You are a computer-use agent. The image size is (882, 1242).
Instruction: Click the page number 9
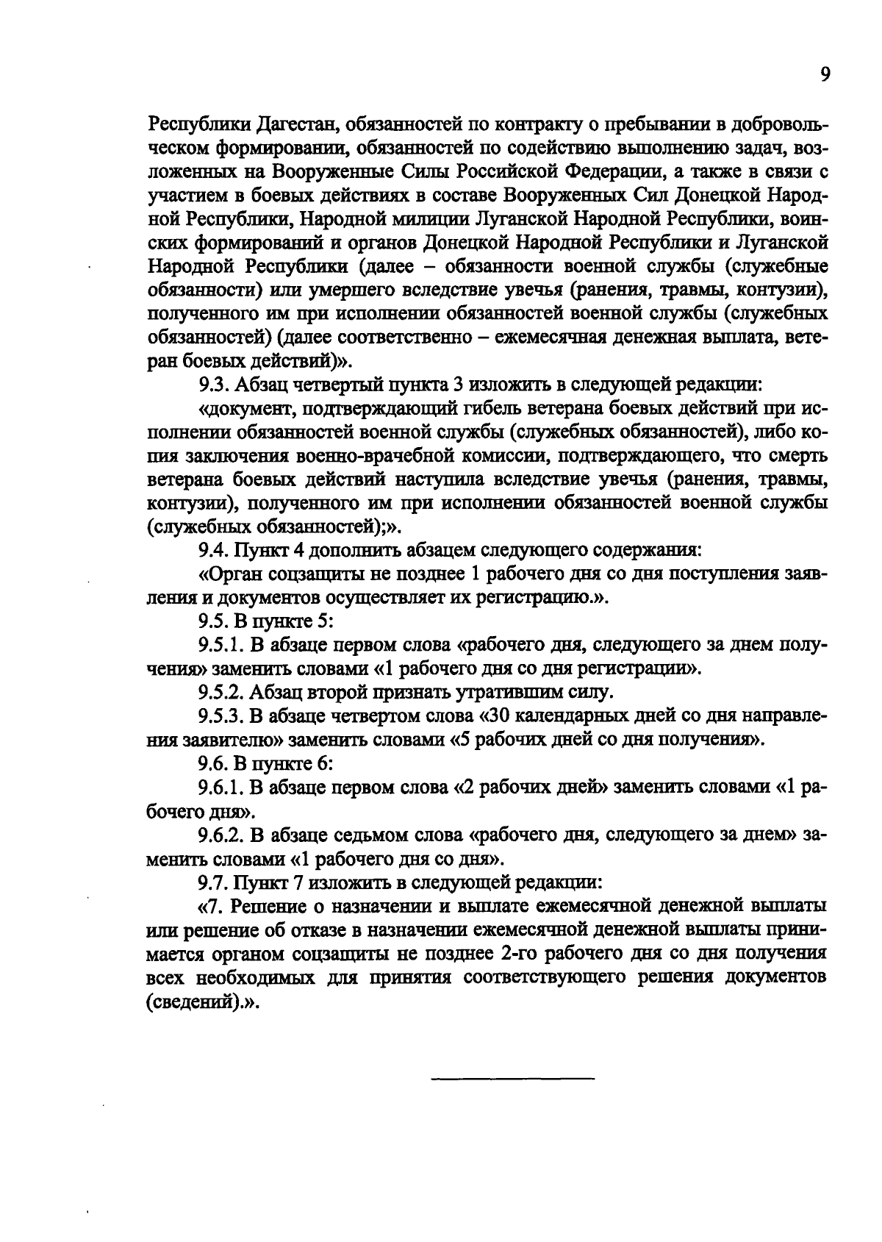coord(825,75)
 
